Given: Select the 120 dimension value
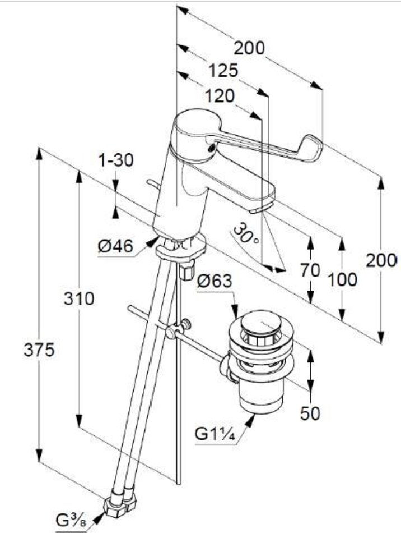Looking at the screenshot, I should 219,96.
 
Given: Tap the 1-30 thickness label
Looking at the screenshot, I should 116,160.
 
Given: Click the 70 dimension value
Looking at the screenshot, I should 309,270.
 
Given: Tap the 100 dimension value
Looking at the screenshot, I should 342,279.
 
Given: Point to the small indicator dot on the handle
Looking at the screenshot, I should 211,148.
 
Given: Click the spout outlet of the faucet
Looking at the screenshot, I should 259,209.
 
